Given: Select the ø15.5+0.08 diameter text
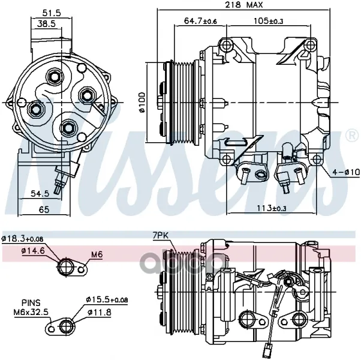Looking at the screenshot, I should [x=107, y=299].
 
